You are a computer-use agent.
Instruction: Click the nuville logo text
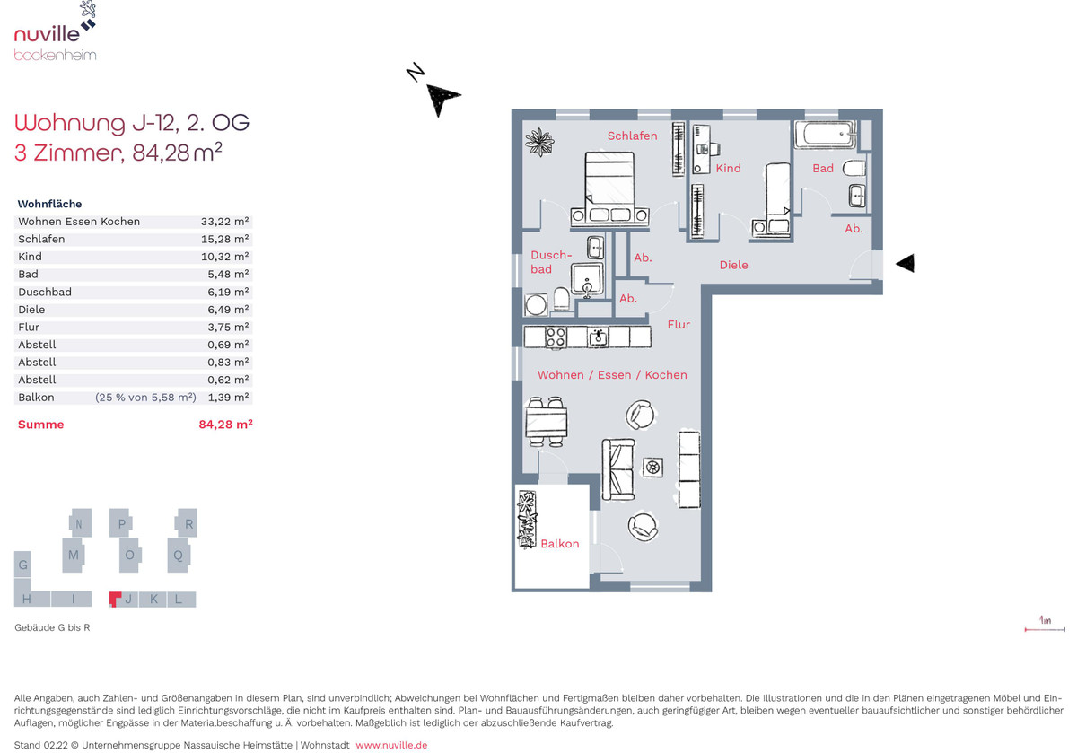tap(47, 34)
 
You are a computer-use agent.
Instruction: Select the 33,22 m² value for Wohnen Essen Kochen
tap(224, 222)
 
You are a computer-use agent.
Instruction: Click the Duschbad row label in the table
tap(45, 292)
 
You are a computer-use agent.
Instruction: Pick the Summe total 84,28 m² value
tap(225, 425)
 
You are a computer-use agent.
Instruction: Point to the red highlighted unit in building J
tap(115, 599)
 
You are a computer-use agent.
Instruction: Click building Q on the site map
tap(179, 556)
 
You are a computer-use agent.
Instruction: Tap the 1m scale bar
tap(1045, 629)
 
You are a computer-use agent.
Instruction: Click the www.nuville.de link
tap(391, 745)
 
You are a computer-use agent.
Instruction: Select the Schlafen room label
tap(632, 136)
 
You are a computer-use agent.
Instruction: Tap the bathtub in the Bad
tap(825, 134)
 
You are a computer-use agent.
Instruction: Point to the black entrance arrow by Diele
tap(906, 263)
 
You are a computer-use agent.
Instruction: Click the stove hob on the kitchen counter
tap(556, 337)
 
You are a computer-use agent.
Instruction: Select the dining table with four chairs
tap(547, 421)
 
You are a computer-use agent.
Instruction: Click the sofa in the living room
tap(618, 469)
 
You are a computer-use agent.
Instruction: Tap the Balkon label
tap(560, 544)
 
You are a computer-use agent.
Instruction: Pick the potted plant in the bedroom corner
tap(539, 142)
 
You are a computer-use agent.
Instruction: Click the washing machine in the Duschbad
tap(536, 304)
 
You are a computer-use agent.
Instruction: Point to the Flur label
tap(679, 325)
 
